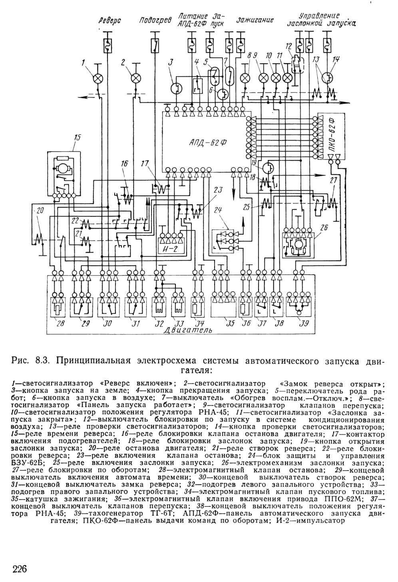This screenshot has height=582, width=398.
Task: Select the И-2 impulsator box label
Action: click(171, 249)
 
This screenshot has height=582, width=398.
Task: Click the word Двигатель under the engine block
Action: click(188, 330)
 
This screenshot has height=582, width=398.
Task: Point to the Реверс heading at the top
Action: click(110, 20)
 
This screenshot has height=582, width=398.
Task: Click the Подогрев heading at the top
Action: click(155, 20)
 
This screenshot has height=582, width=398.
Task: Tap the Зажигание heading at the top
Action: click(255, 20)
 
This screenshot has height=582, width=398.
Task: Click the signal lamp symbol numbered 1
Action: click(98, 78)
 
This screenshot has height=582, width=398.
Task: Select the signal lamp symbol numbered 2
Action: click(135, 78)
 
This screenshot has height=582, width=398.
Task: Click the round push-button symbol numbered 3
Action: click(176, 88)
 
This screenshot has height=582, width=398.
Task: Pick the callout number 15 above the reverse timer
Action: click(78, 138)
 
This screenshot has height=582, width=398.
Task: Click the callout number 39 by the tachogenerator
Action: click(304, 323)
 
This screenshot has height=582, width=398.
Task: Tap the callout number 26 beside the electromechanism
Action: click(324, 227)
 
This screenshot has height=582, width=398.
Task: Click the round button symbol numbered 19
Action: click(268, 167)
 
